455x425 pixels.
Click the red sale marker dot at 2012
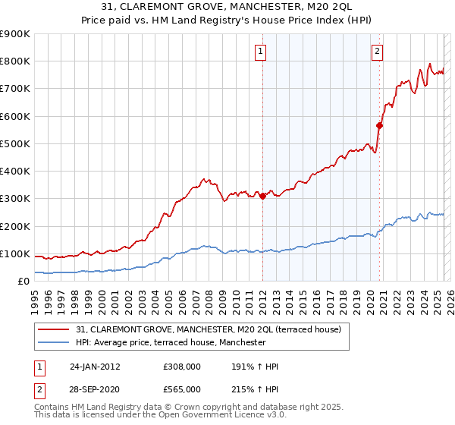262,196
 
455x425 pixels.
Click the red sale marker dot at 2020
379,126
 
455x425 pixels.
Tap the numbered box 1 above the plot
260,52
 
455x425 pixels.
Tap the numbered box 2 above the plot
377,52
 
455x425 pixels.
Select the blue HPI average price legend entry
171,342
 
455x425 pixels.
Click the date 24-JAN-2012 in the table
95,367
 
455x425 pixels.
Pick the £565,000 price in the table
181,389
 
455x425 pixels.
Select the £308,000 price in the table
181,367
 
